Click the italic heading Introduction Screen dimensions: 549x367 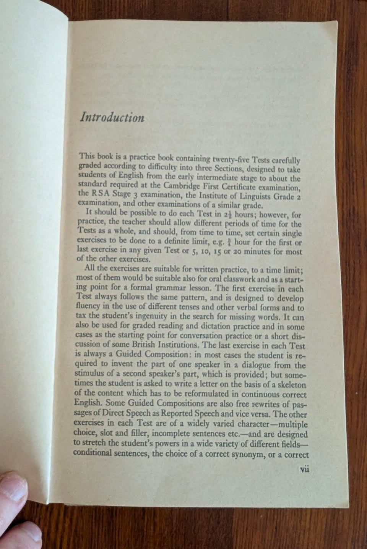click(112, 117)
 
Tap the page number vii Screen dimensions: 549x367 click(304, 470)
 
